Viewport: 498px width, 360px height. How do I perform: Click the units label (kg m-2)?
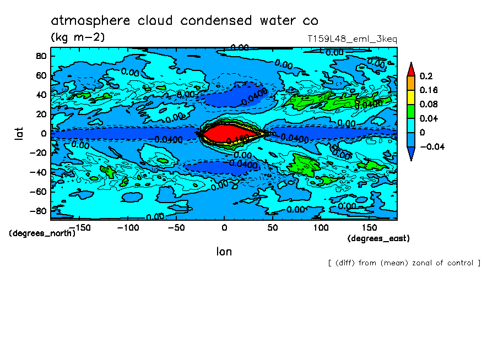[78, 37]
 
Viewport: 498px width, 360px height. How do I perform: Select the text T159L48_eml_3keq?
[352, 39]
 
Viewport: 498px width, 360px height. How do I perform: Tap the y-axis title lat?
[18, 133]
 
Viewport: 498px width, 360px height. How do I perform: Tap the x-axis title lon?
[224, 252]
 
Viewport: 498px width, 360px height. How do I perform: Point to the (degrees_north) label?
[42, 233]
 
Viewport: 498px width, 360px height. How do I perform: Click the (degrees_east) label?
[378, 238]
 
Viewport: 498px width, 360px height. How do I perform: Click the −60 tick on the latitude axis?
[38, 192]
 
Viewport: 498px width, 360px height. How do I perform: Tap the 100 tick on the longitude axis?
[321, 227]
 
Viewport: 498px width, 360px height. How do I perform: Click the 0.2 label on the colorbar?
[426, 76]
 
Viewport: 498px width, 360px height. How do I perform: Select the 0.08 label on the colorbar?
[429, 104]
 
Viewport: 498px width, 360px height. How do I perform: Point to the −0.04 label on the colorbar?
[431, 146]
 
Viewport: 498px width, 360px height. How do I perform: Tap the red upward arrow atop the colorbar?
[411, 69]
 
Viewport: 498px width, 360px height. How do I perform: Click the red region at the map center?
[220, 133]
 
